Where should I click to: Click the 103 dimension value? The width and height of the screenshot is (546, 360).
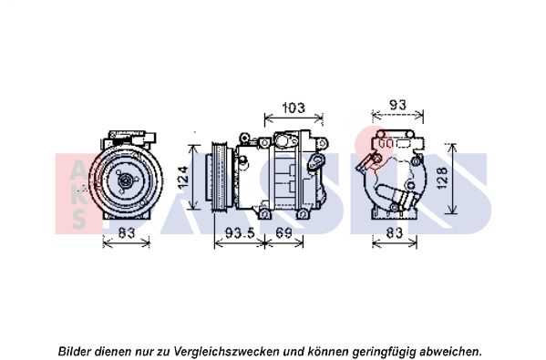pos(294,108)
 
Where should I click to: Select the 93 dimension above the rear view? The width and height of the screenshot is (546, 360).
pos(397,105)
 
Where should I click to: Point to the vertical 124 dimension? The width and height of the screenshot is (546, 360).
pos(183,178)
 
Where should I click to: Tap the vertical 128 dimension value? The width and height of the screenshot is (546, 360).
pos(442,178)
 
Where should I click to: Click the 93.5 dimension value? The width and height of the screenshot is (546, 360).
pos(241,232)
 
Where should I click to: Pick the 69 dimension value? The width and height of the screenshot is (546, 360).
pos(283,232)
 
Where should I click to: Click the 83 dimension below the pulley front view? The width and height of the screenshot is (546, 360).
pos(127,232)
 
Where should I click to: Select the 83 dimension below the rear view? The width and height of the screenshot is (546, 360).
pos(394,232)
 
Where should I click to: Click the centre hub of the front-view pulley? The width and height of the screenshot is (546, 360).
pos(125,180)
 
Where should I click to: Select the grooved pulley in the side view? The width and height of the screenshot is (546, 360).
pos(219,176)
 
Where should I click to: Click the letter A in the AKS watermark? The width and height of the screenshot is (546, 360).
pos(78,171)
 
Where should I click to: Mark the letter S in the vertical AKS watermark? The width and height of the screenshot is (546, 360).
pos(79,220)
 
